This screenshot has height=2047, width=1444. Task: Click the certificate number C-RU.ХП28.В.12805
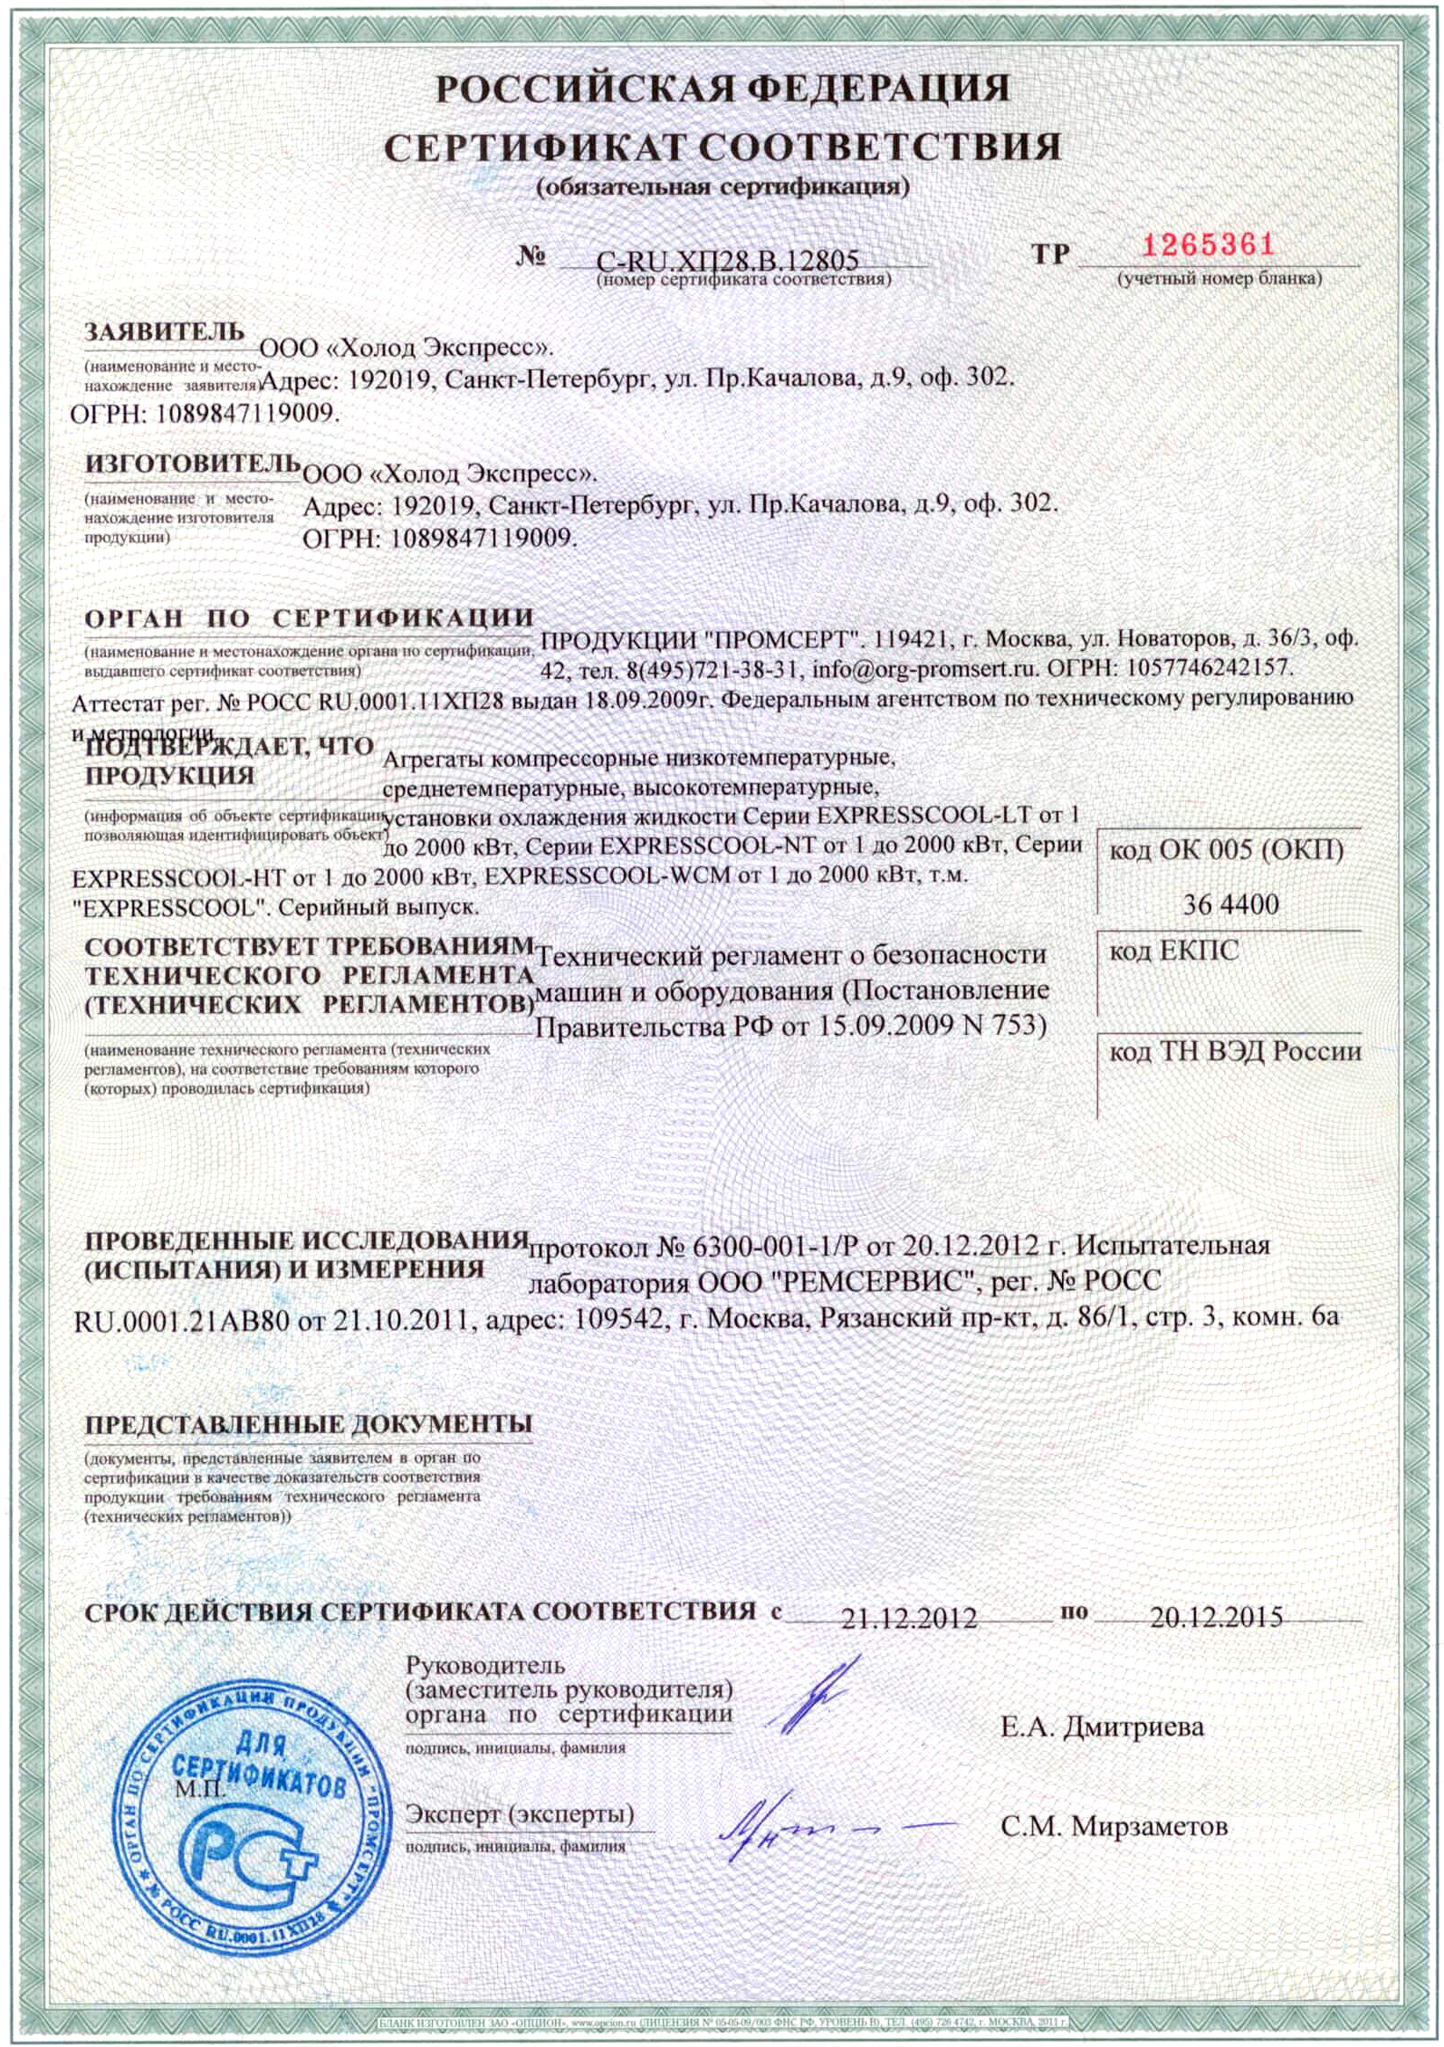727,261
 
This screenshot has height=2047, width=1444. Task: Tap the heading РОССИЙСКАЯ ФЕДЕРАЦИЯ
722,89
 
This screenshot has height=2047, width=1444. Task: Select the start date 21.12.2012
908,1617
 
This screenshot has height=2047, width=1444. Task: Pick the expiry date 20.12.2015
1216,1616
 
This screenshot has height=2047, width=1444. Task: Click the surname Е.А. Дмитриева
1102,1727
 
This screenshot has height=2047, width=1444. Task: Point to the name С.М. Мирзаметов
1114,1826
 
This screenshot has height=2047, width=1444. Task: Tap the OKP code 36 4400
1230,904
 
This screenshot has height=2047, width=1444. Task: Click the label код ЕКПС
1173,951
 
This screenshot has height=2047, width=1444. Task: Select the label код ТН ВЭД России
1235,1051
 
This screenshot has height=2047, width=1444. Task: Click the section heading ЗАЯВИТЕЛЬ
164,332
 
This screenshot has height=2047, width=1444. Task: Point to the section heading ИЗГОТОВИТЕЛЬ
192,464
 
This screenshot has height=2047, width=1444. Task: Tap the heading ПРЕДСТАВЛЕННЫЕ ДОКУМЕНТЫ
308,1424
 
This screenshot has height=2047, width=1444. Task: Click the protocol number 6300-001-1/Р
774,1247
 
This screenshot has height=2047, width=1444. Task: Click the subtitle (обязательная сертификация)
722,187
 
